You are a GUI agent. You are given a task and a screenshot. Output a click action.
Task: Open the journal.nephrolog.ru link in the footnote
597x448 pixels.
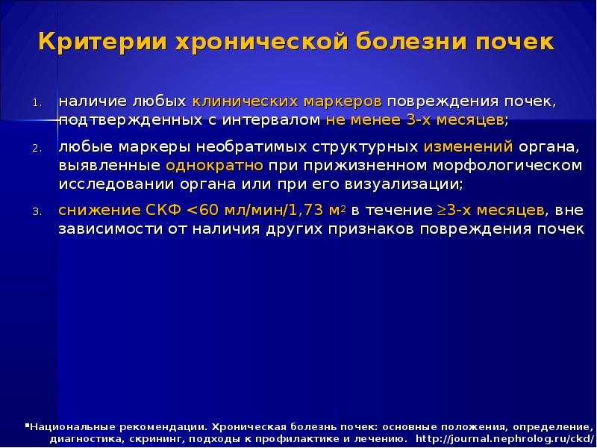[504, 438]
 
